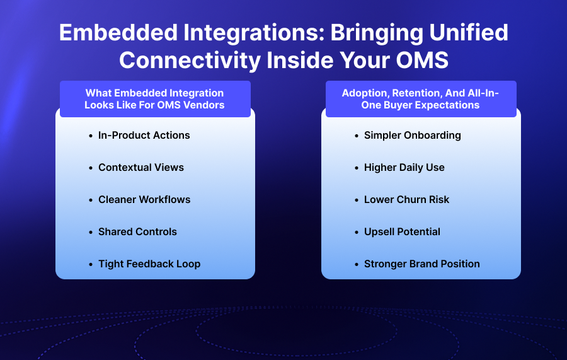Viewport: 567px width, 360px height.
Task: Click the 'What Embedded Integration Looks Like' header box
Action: pos(155,99)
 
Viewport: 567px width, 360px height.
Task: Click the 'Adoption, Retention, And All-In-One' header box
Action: pos(421,99)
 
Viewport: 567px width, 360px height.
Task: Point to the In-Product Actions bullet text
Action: pos(144,136)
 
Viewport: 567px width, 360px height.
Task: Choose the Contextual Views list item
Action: pos(141,168)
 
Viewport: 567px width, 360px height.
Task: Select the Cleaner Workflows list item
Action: pos(144,200)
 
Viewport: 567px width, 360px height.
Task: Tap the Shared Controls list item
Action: pos(137,232)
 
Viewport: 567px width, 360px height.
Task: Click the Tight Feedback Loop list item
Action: pos(149,264)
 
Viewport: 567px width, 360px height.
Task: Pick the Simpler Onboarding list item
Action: pos(413,136)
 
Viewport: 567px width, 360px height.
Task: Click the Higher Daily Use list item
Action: pos(404,168)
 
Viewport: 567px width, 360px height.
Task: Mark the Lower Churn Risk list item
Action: pos(407,200)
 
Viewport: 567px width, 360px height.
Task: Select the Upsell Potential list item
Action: pos(402,232)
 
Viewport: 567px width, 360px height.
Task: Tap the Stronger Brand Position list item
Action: pos(422,264)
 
